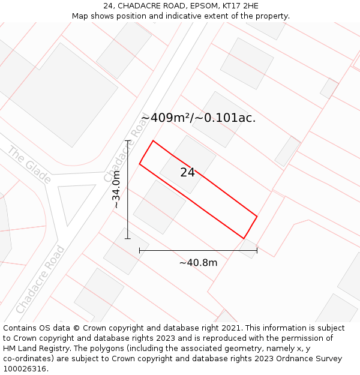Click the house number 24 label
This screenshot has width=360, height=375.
187,172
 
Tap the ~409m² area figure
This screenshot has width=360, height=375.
166,118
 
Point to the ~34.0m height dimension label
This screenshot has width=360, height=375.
116,190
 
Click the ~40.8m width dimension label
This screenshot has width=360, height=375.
198,262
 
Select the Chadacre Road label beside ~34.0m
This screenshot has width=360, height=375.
125,150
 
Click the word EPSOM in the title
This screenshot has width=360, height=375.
196,6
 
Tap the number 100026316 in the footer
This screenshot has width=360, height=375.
25,368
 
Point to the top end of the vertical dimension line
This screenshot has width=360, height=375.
128,140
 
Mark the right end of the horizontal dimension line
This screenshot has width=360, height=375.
257,250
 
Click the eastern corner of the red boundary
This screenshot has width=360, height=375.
257,216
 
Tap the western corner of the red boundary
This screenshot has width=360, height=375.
140,163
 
